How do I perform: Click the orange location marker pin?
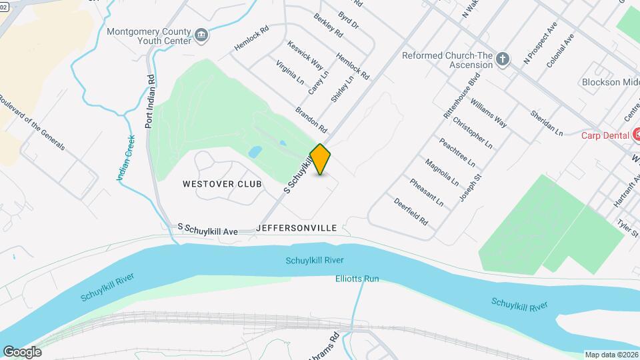(x=320, y=159)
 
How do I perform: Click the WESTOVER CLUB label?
(x=222, y=183)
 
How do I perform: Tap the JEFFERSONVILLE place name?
(x=296, y=227)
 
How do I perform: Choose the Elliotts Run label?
(x=357, y=278)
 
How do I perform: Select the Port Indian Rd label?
(x=151, y=101)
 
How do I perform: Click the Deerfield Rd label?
(x=411, y=210)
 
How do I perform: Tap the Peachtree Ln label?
(x=457, y=152)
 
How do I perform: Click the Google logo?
(x=22, y=351)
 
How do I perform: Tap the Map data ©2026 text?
(x=610, y=355)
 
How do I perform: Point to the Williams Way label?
(x=488, y=113)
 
